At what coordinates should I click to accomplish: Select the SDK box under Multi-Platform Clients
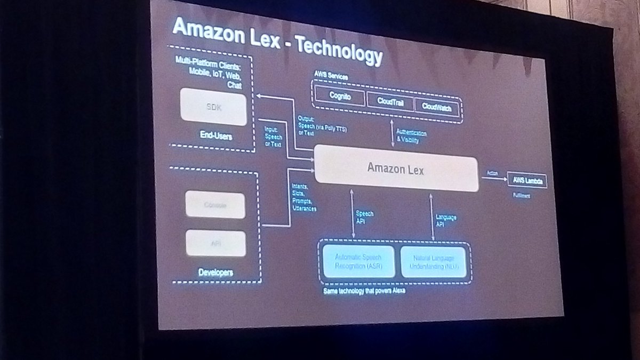coord(213,107)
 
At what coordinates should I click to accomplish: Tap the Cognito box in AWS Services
coord(339,96)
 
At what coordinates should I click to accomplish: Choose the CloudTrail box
coord(389,101)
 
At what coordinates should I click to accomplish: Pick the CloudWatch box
coord(436,107)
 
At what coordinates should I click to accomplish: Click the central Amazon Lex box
coord(396,167)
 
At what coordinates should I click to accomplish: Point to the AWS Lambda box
coord(526,180)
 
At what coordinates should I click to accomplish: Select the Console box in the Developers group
coord(215,204)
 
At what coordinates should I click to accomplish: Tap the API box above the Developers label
coord(215,243)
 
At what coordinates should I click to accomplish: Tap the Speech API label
coord(364,217)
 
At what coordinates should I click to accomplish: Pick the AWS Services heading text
coord(331,77)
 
